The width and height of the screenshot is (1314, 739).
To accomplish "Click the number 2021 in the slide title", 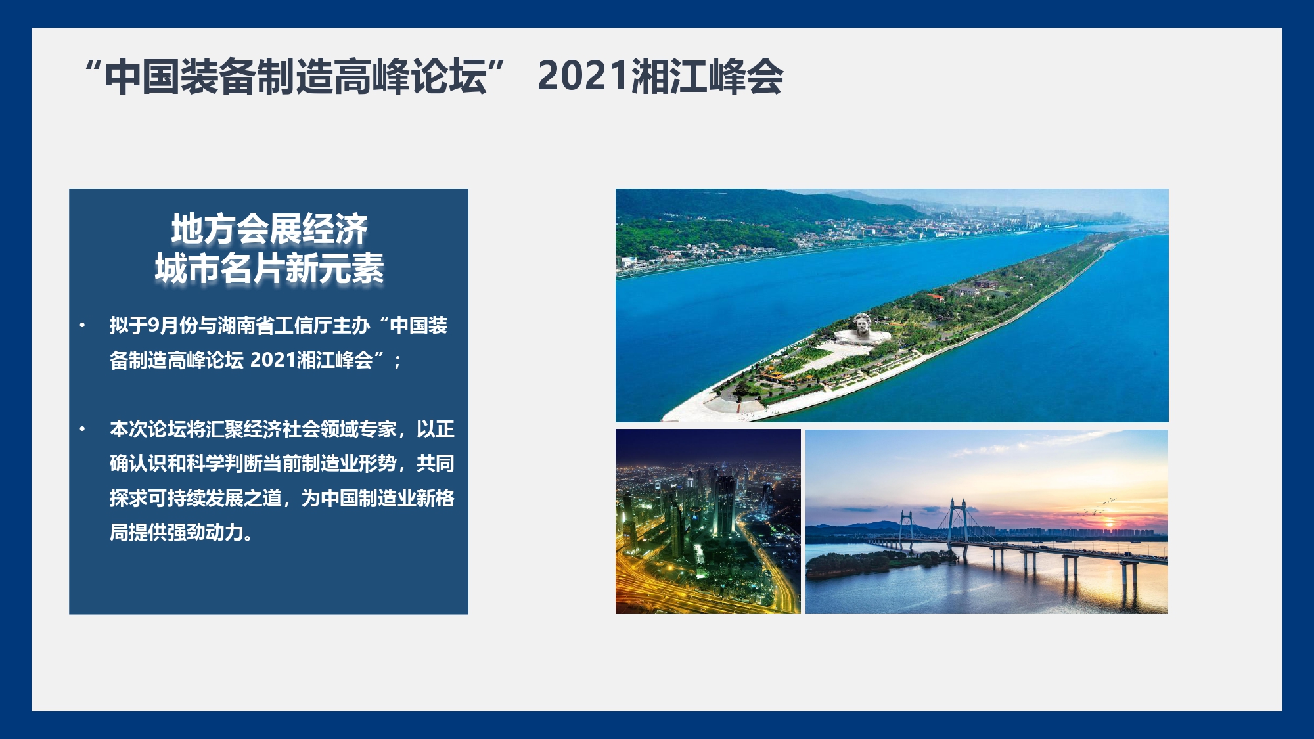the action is pos(583,76).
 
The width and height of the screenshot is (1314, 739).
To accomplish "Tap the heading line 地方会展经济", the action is pos(269,229).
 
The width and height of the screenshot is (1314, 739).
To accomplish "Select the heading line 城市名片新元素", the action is pos(269,268).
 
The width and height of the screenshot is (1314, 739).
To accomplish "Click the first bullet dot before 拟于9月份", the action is pos(82,325).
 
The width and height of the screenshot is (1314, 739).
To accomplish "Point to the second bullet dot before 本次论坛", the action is pos(82,429).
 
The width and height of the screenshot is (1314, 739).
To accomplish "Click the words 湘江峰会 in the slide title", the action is pos(707,76).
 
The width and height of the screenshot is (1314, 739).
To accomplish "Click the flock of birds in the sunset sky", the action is pos(1099,506).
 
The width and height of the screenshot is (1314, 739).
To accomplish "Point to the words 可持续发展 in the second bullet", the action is pos(196,498).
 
